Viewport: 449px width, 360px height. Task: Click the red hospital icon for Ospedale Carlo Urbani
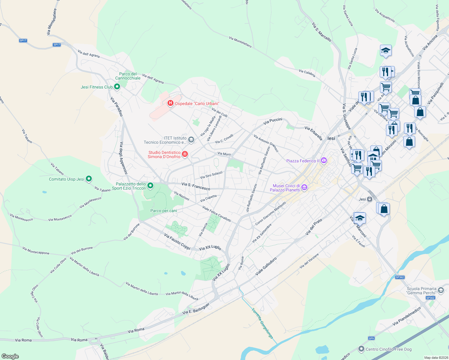tap(170, 103)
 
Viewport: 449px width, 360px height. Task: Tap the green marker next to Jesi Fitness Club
tap(117, 87)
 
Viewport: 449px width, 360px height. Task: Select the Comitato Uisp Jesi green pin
tap(89, 179)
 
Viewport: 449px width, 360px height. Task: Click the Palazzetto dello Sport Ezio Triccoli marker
tap(150, 186)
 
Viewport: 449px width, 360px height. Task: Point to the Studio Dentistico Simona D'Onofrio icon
tap(185, 154)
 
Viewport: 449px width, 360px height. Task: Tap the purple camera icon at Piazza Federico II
tap(324, 160)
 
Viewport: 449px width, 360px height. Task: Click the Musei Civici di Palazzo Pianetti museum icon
tap(304, 188)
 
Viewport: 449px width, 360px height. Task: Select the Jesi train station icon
tap(370, 199)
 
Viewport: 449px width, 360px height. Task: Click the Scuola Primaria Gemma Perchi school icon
tap(441, 290)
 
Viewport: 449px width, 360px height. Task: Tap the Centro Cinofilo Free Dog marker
tap(361, 349)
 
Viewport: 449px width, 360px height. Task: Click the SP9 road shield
tap(371, 338)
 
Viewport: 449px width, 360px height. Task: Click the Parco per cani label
tap(164, 211)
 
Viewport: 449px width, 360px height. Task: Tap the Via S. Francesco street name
tap(196, 186)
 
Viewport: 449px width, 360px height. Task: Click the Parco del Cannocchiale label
tap(128, 76)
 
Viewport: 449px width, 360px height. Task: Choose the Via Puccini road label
tap(273, 121)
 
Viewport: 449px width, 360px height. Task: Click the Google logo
tap(10, 356)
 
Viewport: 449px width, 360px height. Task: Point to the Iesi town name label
tap(331, 138)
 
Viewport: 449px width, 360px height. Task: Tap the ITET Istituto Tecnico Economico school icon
tap(191, 140)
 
